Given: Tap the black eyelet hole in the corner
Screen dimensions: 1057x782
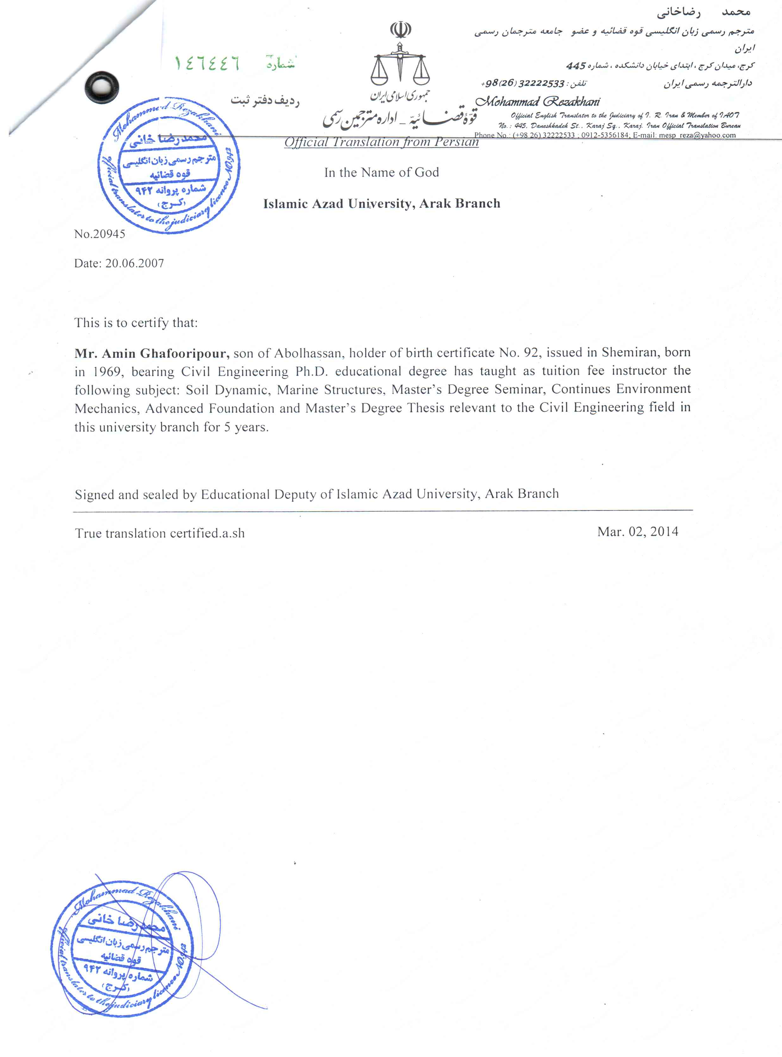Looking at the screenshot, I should tap(101, 88).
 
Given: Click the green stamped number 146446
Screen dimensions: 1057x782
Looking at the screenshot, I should tap(207, 63).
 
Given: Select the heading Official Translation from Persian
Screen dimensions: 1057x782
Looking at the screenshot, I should tap(382, 142).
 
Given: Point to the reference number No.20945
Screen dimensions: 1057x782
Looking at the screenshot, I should tap(99, 234).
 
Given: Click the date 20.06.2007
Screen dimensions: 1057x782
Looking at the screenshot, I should tap(134, 263).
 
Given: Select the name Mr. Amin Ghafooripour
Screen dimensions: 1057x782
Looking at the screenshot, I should tap(152, 353).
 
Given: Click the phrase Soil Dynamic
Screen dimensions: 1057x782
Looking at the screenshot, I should tap(226, 390).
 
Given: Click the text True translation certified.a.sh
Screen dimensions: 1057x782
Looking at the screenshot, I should tap(160, 534).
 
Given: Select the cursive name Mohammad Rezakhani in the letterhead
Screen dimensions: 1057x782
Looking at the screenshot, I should tap(537, 101).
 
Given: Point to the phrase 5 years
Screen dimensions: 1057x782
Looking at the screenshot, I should tap(246, 428).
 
